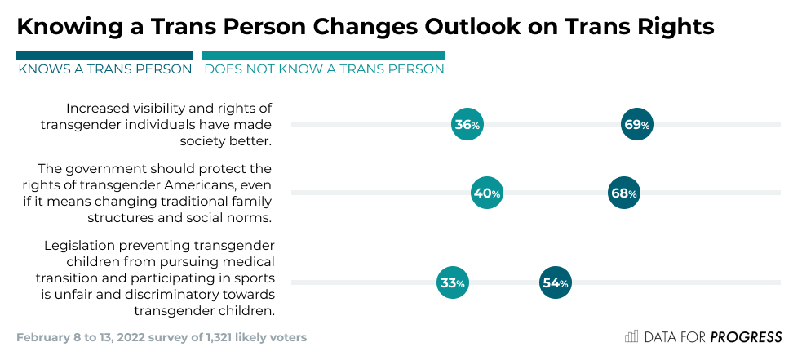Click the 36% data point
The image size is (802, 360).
[x=467, y=125]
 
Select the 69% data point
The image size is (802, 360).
[x=636, y=125]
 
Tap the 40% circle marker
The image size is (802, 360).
[x=487, y=193]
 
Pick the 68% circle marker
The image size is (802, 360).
[x=624, y=193]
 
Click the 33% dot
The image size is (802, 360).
[x=452, y=283]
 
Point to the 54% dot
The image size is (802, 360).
[x=555, y=283]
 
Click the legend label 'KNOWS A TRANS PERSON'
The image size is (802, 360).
[x=104, y=69]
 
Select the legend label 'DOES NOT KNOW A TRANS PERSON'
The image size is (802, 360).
[x=324, y=69]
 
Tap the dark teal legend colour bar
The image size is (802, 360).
[x=104, y=56]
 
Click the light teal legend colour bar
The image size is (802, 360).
[x=324, y=56]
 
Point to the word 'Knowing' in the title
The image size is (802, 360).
[x=67, y=27]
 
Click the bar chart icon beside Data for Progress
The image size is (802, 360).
[x=631, y=336]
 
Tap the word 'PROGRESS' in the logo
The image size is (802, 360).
[x=746, y=337]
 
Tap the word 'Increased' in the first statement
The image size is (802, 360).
[x=98, y=108]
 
